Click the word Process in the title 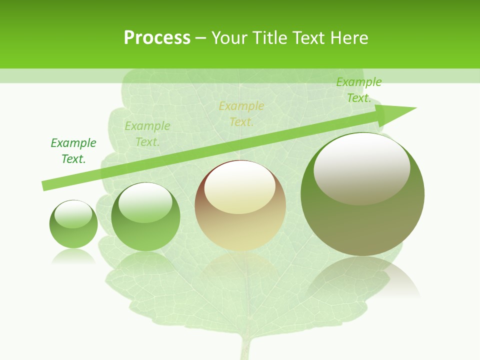coord(157,38)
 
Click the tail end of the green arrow coord(45,185)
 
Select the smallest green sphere coord(73,224)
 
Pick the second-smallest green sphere coord(145,217)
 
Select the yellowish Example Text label coord(241,114)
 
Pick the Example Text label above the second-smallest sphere coord(147,134)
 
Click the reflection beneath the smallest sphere coord(73,257)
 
